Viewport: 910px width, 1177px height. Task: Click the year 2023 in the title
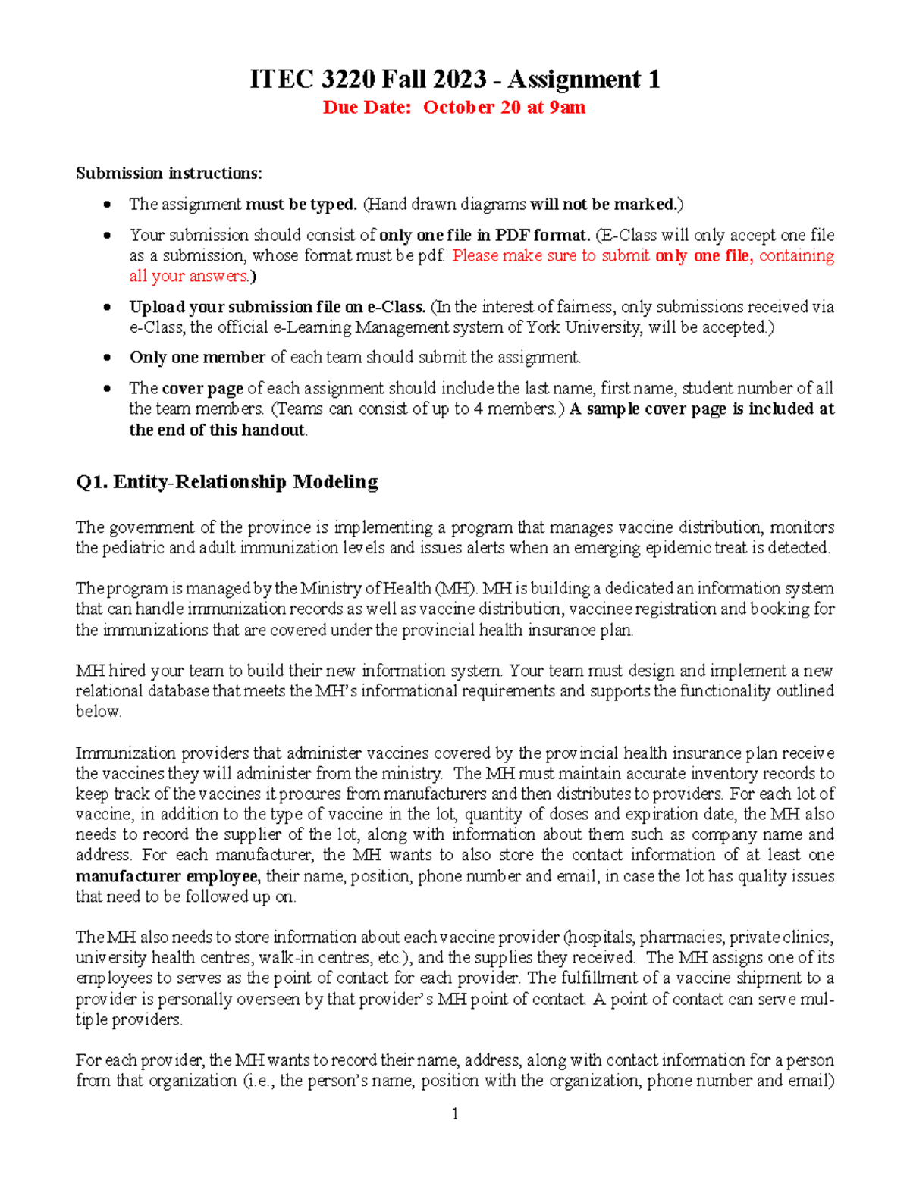click(460, 79)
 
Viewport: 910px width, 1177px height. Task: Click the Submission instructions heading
click(168, 174)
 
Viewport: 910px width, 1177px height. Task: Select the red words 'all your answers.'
click(190, 276)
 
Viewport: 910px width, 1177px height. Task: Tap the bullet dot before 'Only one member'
click(108, 358)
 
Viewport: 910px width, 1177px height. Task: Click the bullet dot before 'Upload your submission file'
click(108, 308)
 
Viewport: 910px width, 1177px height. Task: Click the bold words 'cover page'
click(202, 389)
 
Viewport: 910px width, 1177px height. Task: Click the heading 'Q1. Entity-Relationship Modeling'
click(227, 482)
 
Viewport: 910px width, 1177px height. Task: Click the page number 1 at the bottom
click(455, 1113)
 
